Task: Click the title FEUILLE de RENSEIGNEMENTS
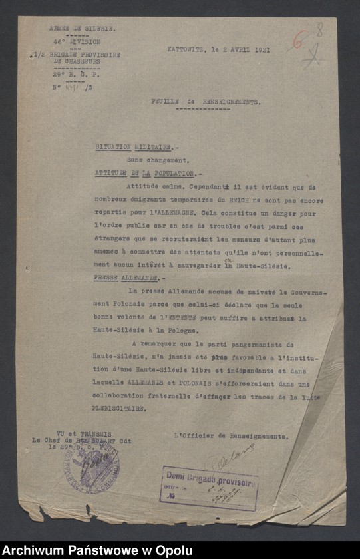[x=204, y=102]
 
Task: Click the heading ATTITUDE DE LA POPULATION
[x=145, y=173]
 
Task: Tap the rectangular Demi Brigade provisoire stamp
[x=209, y=488]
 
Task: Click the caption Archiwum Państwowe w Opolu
[x=98, y=550]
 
